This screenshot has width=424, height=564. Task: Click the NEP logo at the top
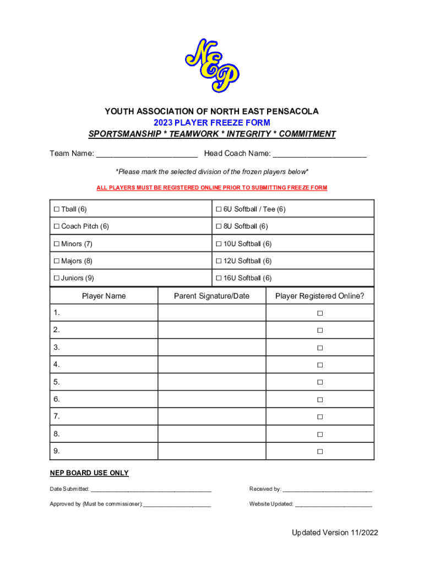(x=212, y=65)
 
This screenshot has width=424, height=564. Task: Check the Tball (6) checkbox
(x=56, y=209)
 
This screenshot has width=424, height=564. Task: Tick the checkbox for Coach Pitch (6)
(x=56, y=226)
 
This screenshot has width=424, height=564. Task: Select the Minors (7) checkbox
(x=56, y=244)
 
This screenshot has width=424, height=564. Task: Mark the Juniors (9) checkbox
(x=56, y=278)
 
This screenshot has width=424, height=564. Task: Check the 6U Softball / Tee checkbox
(x=219, y=209)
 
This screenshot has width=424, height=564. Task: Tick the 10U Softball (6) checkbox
(x=219, y=244)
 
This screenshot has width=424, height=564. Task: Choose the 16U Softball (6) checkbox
(x=219, y=278)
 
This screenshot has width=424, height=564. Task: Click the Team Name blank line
(x=146, y=154)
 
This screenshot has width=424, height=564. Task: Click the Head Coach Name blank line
(x=319, y=154)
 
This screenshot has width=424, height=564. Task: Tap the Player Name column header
(x=104, y=296)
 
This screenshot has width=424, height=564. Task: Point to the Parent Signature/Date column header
(x=211, y=296)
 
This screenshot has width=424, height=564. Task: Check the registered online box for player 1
(x=319, y=313)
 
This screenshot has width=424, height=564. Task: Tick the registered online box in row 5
(x=319, y=382)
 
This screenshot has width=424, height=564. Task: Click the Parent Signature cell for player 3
(x=211, y=348)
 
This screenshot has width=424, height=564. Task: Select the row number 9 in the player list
(x=57, y=451)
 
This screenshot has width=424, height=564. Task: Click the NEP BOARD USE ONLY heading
(x=89, y=473)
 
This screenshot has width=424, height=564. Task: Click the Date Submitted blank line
(x=151, y=489)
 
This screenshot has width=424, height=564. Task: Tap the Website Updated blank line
(x=333, y=504)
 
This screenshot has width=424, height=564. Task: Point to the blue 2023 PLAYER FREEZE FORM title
(x=212, y=123)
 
